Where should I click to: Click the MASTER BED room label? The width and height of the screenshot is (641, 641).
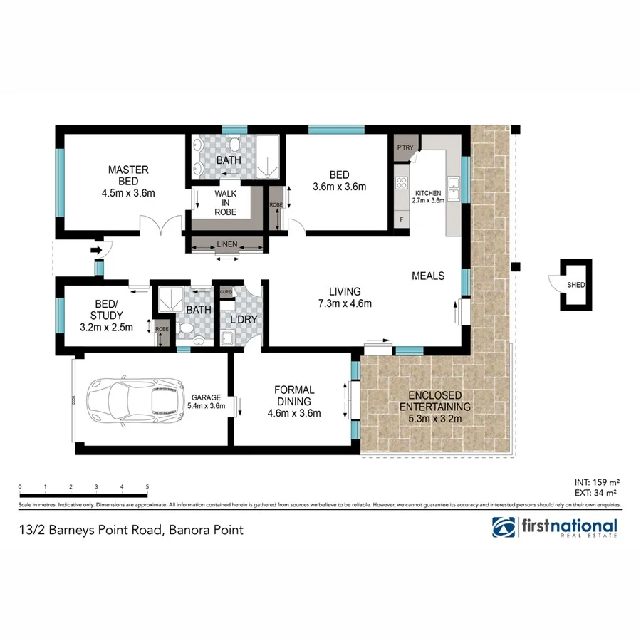tap(128, 175)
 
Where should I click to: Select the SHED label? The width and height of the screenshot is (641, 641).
tap(576, 286)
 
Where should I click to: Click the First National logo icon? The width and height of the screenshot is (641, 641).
tap(504, 527)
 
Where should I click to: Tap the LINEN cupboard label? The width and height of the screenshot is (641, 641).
tap(227, 244)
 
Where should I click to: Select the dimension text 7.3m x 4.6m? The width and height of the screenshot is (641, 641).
tap(345, 304)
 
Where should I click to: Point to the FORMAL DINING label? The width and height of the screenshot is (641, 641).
tap(294, 395)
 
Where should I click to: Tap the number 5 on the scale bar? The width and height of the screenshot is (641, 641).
tap(147, 487)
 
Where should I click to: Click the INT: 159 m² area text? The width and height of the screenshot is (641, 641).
tap(595, 481)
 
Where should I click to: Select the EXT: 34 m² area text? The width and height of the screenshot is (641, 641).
tap(595, 491)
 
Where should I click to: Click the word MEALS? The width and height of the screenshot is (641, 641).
tap(428, 276)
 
